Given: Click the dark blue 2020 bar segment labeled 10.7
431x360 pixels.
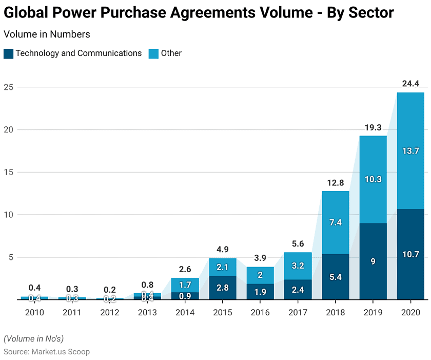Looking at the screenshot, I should pyautogui.click(x=410, y=254).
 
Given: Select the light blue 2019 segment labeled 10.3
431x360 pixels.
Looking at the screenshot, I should pyautogui.click(x=373, y=179).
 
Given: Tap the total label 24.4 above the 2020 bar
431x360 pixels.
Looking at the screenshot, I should pyautogui.click(x=410, y=84).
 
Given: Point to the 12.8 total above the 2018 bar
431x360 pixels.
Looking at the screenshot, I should pyautogui.click(x=335, y=182).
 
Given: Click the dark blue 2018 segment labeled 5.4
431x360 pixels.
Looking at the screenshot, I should pyautogui.click(x=335, y=277).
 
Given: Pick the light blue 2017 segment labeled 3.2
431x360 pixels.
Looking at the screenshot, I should pyautogui.click(x=298, y=266).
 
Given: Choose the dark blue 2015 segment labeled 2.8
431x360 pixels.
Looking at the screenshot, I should pyautogui.click(x=223, y=288).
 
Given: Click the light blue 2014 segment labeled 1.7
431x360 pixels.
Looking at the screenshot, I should pyautogui.click(x=185, y=285).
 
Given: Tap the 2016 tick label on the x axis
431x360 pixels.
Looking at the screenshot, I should pyautogui.click(x=260, y=312).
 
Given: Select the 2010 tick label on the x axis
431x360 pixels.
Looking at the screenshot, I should pyautogui.click(x=34, y=312).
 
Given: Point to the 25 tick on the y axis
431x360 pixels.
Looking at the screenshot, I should pyautogui.click(x=8, y=87).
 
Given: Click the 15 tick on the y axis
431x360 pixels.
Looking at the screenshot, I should pyautogui.click(x=8, y=172).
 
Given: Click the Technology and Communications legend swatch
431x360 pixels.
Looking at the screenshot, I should pyautogui.click(x=8, y=53).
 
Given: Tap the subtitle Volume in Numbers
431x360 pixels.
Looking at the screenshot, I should pyautogui.click(x=47, y=34).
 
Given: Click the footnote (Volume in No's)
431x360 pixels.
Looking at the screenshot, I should pyautogui.click(x=34, y=338).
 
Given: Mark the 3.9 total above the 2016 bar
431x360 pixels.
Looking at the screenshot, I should pyautogui.click(x=260, y=258).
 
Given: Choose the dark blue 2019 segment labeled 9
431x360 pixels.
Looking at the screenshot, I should pyautogui.click(x=373, y=261).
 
